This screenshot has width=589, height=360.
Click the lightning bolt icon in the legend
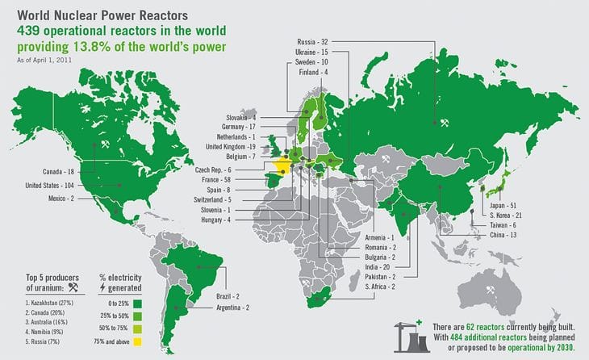[102, 287]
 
